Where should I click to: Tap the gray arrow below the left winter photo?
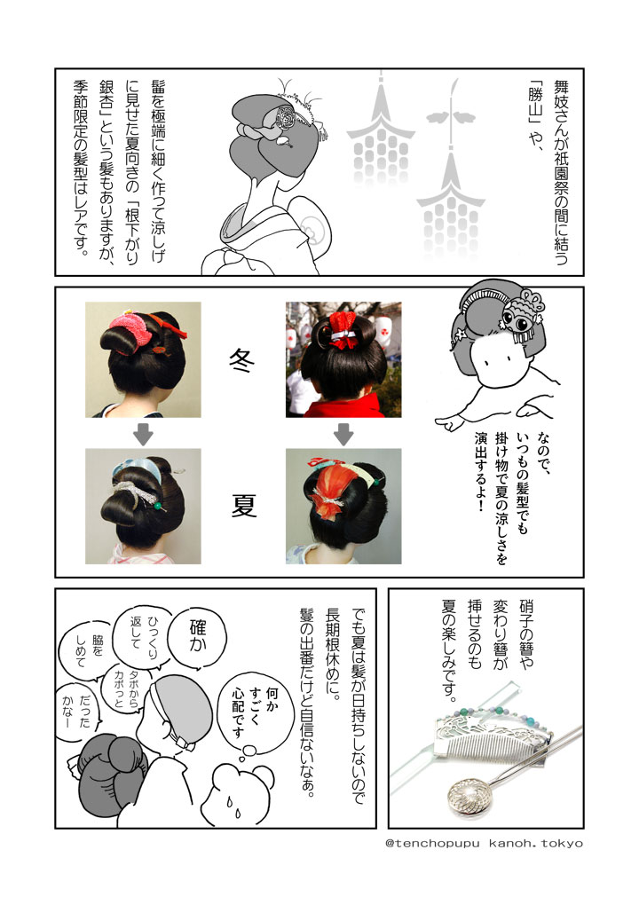coord(143,433)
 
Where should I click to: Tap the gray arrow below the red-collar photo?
coord(343,433)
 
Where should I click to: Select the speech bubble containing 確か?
coord(198,636)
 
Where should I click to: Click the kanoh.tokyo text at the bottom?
coord(536,843)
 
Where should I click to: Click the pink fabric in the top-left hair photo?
coord(130,327)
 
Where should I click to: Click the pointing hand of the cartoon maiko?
coord(451,422)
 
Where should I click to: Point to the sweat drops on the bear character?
coord(233,807)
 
